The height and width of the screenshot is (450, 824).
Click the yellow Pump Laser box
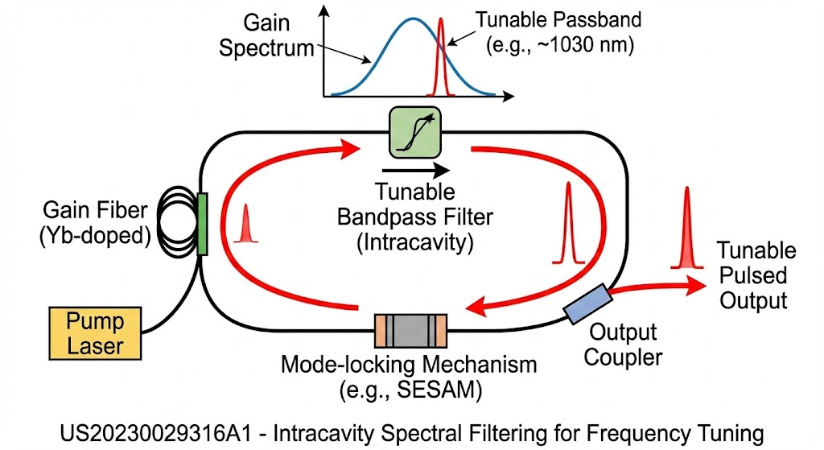(95, 333)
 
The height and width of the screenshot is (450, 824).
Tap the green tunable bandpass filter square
(414, 133)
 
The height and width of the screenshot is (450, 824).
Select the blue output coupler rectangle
(588, 303)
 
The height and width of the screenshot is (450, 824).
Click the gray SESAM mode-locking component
(410, 331)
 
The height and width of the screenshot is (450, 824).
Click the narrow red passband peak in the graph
(440, 57)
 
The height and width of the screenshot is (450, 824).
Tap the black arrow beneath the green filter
(416, 171)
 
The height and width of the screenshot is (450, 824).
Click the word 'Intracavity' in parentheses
(415, 243)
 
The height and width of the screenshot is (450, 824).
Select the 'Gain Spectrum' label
(266, 35)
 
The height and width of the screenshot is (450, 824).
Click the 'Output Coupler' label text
(623, 345)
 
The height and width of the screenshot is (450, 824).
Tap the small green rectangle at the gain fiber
(202, 224)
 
